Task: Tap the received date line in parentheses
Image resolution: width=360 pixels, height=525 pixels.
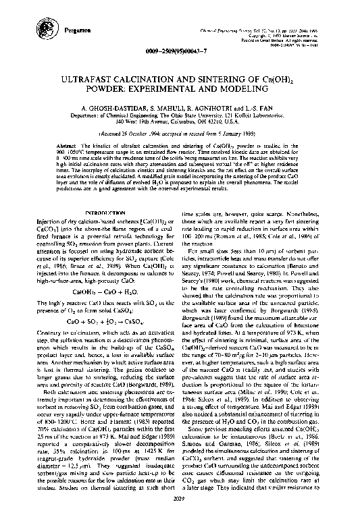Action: [180, 134]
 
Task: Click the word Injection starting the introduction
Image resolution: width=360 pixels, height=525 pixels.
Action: [45, 223]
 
